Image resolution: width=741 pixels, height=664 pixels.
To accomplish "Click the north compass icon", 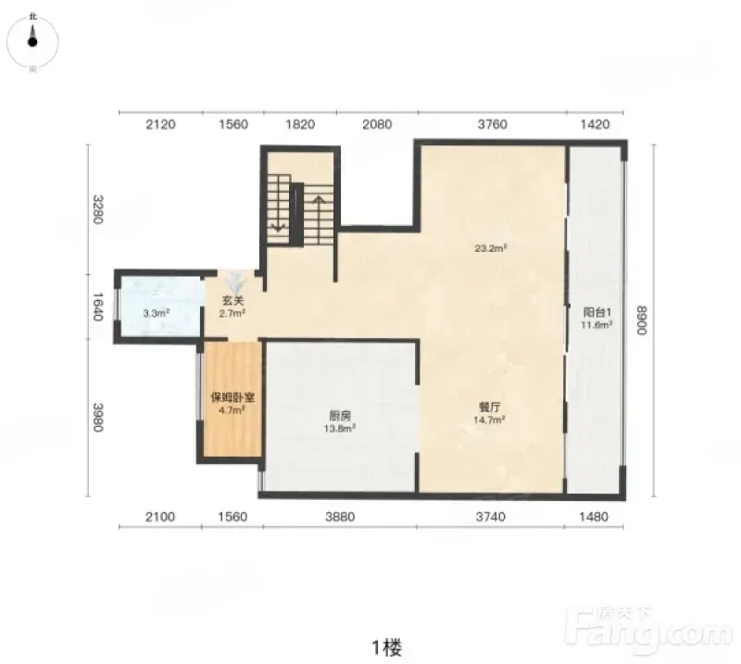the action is [32, 42].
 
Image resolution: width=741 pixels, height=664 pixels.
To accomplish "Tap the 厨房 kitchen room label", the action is [340, 416].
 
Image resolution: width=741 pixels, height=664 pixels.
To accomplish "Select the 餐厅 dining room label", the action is [490, 407].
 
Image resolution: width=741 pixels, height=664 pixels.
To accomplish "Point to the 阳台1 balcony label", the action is [597, 312].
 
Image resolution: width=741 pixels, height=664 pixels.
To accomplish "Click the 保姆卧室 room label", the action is [232, 397].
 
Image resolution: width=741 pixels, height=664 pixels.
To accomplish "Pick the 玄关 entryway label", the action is [232, 301].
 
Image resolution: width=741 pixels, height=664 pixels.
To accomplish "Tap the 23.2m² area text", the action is [491, 247].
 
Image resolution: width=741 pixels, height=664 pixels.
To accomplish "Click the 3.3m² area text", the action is [157, 313].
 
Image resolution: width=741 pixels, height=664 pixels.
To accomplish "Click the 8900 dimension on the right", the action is [641, 319].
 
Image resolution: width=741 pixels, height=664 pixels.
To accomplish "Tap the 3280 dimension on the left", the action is [97, 209].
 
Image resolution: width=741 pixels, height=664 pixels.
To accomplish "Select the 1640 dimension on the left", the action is [97, 307].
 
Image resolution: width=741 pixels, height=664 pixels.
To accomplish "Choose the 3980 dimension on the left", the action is [97, 417].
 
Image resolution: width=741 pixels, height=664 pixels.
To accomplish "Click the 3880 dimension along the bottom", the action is [340, 517].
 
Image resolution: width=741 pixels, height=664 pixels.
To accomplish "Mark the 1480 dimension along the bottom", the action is [594, 517].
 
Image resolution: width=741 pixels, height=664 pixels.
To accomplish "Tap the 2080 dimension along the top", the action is [377, 124].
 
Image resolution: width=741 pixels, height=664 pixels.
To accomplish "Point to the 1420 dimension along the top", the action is [595, 124].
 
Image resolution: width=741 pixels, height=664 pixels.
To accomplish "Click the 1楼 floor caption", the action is [386, 647].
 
